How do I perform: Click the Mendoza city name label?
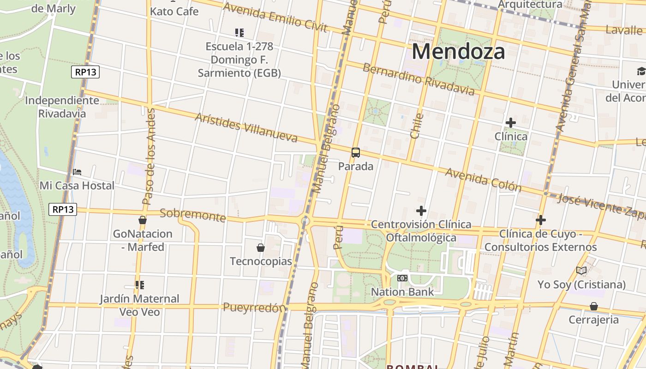pos(458,51)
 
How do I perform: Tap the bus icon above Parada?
pos(355,152)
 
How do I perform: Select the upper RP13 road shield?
pos(86,72)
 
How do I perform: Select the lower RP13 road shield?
pos(63,209)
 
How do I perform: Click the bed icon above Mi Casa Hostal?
pos(77,172)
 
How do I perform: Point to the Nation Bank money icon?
pos(402,278)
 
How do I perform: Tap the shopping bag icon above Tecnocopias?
pos(261,248)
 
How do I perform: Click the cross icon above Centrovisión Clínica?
pos(421,211)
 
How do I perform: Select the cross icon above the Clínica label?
pos(510,123)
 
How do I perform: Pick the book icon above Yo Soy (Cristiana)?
pos(581,271)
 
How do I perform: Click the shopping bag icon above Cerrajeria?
pos(593,306)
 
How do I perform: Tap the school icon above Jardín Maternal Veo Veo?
pos(140,285)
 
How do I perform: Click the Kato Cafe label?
pos(174,12)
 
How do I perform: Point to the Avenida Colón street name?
pos(483,180)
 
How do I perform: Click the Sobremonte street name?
pos(192,215)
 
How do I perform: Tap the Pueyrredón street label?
pos(254,308)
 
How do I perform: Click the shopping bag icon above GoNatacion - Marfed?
pos(143,220)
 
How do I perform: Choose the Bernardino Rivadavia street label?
pos(418,79)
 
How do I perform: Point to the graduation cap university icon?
pos(641,71)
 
